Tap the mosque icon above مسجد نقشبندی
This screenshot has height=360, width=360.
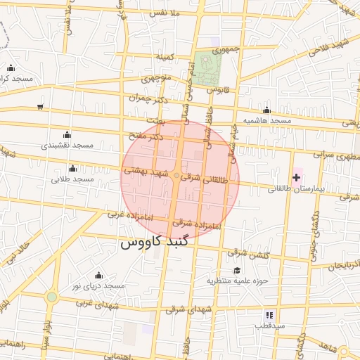(x=67, y=134)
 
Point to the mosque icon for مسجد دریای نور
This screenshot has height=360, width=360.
(x=98, y=275)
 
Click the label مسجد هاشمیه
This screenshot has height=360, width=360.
(x=267, y=121)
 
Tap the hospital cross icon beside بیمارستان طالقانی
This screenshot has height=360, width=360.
(x=296, y=178)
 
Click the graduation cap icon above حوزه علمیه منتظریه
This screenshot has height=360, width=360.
(x=237, y=270)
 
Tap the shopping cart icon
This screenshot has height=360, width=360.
(x=40, y=107)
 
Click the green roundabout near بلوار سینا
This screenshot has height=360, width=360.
(x=51, y=297)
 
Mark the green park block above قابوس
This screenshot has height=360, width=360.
(x=208, y=67)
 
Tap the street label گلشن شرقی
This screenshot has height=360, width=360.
(x=248, y=254)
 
